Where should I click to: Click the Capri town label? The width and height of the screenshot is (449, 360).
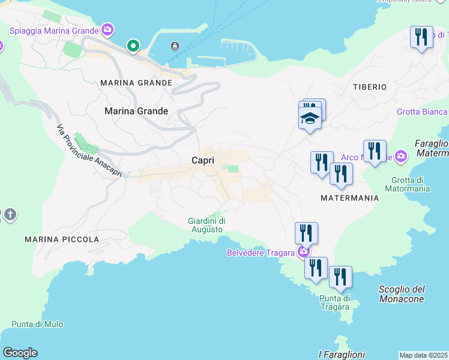203,160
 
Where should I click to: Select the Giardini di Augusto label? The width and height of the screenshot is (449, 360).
207,225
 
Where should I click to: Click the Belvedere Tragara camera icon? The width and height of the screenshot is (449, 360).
304,252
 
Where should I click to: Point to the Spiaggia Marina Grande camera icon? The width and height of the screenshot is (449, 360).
107,29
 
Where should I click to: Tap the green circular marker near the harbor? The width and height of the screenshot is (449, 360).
133,46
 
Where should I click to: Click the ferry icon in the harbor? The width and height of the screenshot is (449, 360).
175,46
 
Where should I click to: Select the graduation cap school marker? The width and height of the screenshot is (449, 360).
310,118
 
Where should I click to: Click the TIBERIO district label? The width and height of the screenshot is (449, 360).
370,87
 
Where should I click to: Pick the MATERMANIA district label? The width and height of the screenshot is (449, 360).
350,197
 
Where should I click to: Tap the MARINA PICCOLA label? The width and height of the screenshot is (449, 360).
62,239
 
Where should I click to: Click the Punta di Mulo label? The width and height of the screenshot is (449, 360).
37,324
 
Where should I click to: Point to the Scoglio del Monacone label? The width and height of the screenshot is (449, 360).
402,294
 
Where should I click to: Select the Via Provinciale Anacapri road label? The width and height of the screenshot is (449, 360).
89,151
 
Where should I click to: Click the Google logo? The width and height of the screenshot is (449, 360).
20,353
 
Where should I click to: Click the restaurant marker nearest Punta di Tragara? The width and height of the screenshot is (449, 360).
340,277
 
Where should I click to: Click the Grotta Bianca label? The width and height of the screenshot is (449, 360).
422,112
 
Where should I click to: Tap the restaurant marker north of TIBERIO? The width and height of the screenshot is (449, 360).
421,37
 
